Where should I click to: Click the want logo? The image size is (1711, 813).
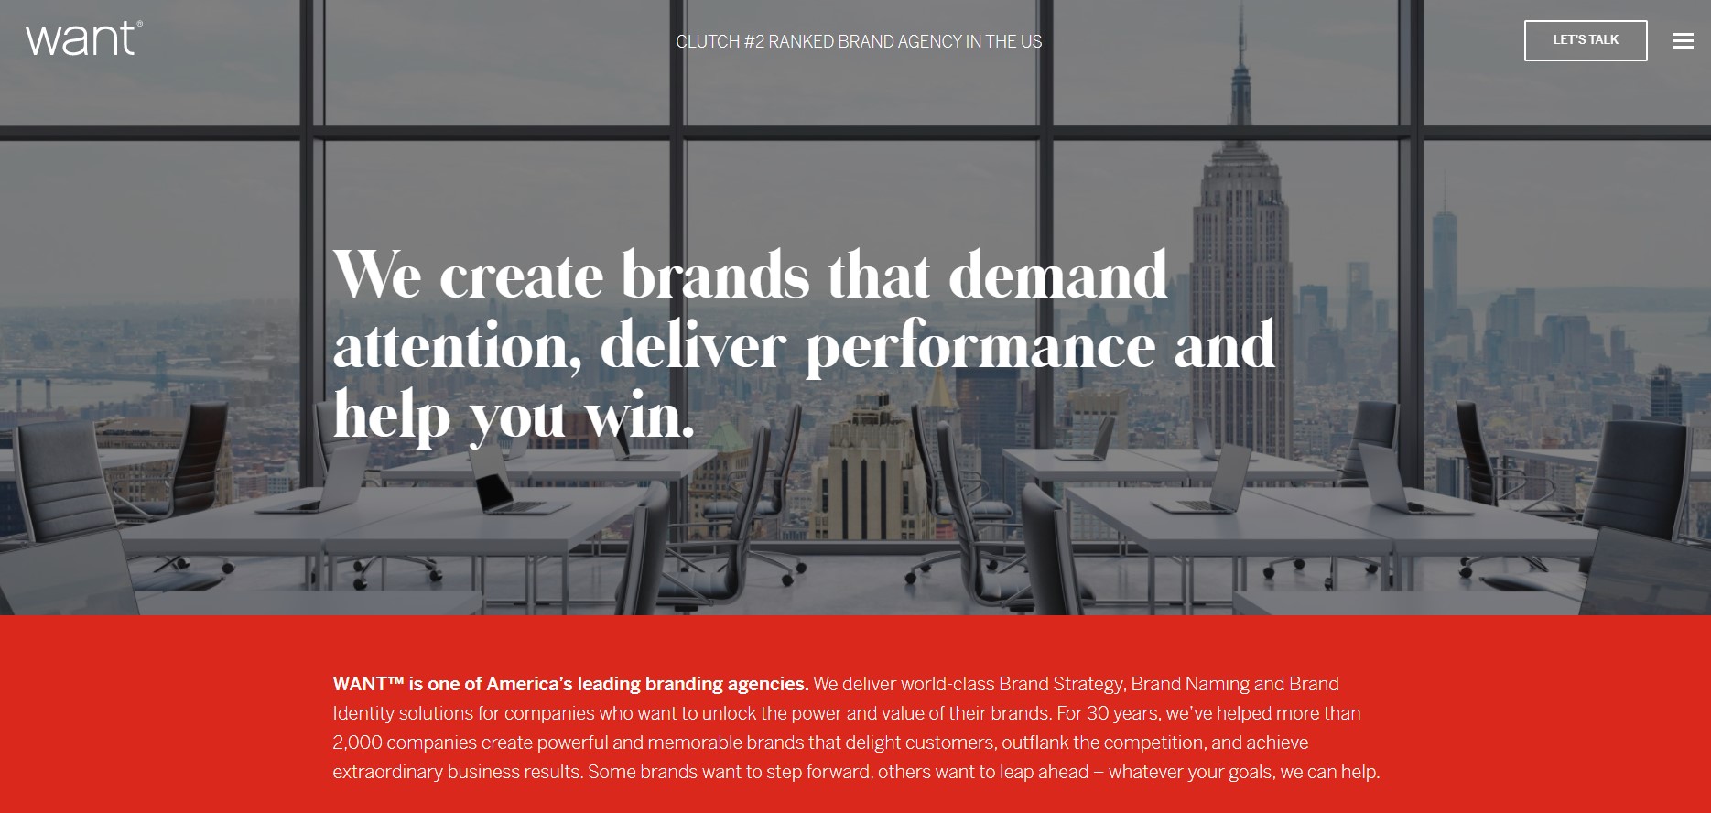click(x=83, y=38)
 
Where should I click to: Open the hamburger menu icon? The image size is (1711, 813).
click(x=1683, y=41)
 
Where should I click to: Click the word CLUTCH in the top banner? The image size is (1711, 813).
click(x=708, y=42)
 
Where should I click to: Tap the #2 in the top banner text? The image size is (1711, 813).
click(x=754, y=42)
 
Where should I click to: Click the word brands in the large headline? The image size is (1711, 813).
click(x=716, y=275)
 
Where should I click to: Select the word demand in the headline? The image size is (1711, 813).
click(x=1057, y=275)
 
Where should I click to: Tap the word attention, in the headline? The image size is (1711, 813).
click(x=457, y=346)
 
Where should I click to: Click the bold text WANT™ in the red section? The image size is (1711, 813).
click(x=368, y=684)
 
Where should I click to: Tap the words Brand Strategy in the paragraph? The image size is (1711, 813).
click(x=1061, y=684)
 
